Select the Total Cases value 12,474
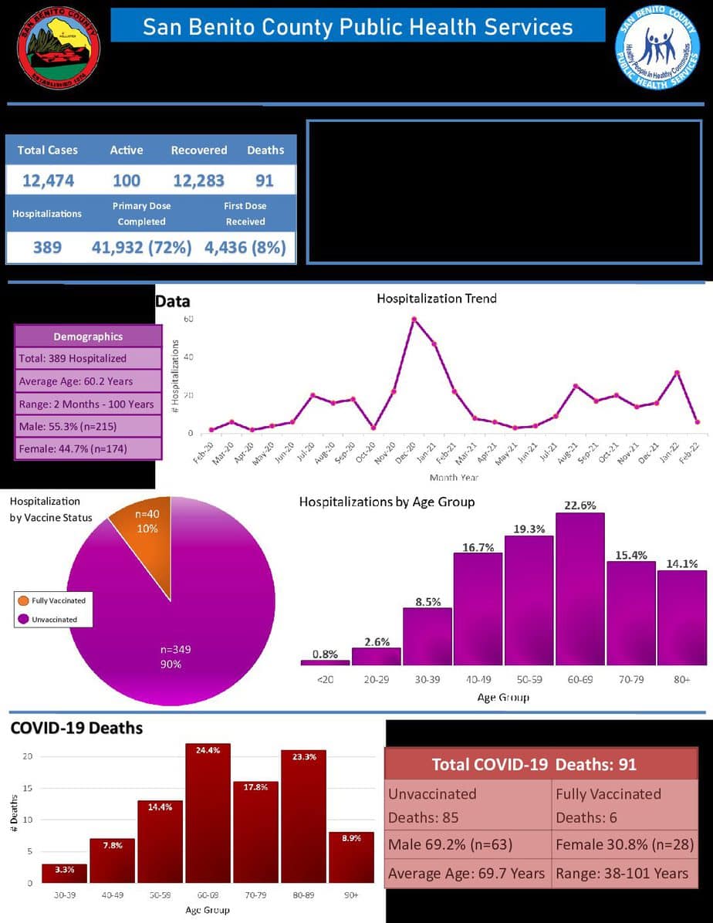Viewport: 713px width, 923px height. pos(48,181)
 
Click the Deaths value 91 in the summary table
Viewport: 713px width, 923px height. pos(264,181)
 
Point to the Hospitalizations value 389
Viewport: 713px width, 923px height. pos(47,248)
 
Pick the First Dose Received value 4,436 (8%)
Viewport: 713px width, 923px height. pos(245,248)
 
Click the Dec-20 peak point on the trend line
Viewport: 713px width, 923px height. pos(414,319)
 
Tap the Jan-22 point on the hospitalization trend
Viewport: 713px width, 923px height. pos(677,373)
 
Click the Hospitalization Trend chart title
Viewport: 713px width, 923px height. pos(437,299)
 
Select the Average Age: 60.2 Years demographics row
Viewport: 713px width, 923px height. pos(88,380)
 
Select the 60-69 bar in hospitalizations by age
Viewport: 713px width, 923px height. pos(580,588)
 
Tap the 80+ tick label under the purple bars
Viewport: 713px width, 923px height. pos(681,680)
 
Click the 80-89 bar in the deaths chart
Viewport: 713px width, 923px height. pos(303,816)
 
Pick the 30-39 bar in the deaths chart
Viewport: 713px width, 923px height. pos(64,873)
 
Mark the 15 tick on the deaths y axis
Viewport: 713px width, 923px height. pos(28,788)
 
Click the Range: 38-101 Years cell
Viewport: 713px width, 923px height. pos(622,874)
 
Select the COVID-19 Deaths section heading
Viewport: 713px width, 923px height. pos(76,728)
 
